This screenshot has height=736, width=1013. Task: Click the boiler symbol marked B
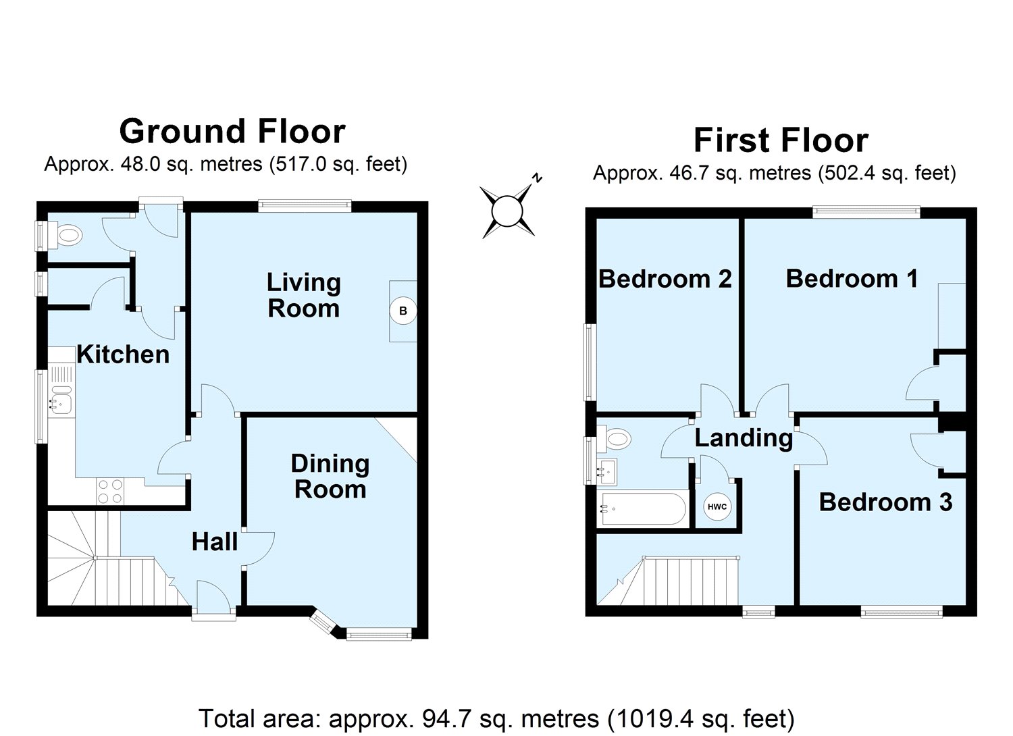point(402,311)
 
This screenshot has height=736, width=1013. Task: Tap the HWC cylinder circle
point(717,506)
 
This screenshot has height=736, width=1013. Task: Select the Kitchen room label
point(123,354)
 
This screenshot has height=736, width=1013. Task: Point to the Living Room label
point(303,295)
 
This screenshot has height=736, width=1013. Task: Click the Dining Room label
point(330,477)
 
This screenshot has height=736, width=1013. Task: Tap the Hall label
point(214,542)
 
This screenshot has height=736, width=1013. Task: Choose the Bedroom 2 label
point(665,278)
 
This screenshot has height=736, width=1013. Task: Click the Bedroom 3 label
point(886,502)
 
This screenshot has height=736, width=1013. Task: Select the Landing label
point(744,438)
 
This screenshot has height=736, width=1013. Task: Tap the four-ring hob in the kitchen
point(110,492)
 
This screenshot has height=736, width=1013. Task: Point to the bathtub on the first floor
point(642,508)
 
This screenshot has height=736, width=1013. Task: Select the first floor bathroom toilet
point(614,438)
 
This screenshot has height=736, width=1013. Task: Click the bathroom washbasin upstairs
point(607,471)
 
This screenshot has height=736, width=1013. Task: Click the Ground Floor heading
point(232,132)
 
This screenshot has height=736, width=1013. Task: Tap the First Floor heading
point(781,140)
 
